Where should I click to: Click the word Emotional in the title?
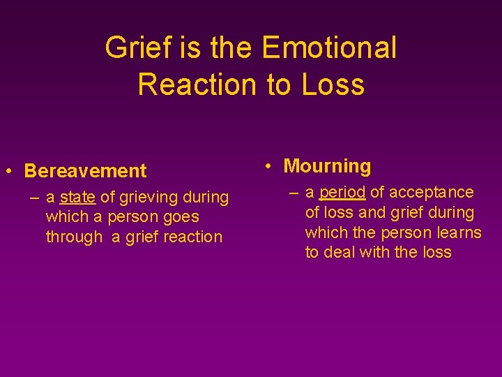pos(329,48)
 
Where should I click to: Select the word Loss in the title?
pos(333,84)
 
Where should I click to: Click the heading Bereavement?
pos(85,171)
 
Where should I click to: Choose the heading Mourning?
pos(327,166)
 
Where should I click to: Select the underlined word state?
pos(77,198)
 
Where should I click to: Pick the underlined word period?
pos(342,193)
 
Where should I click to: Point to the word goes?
pos(182,217)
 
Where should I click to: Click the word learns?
pos(459,232)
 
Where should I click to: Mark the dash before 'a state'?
pos(34,198)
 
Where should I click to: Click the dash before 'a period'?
pos(294,193)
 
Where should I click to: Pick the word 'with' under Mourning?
pos(376,252)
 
